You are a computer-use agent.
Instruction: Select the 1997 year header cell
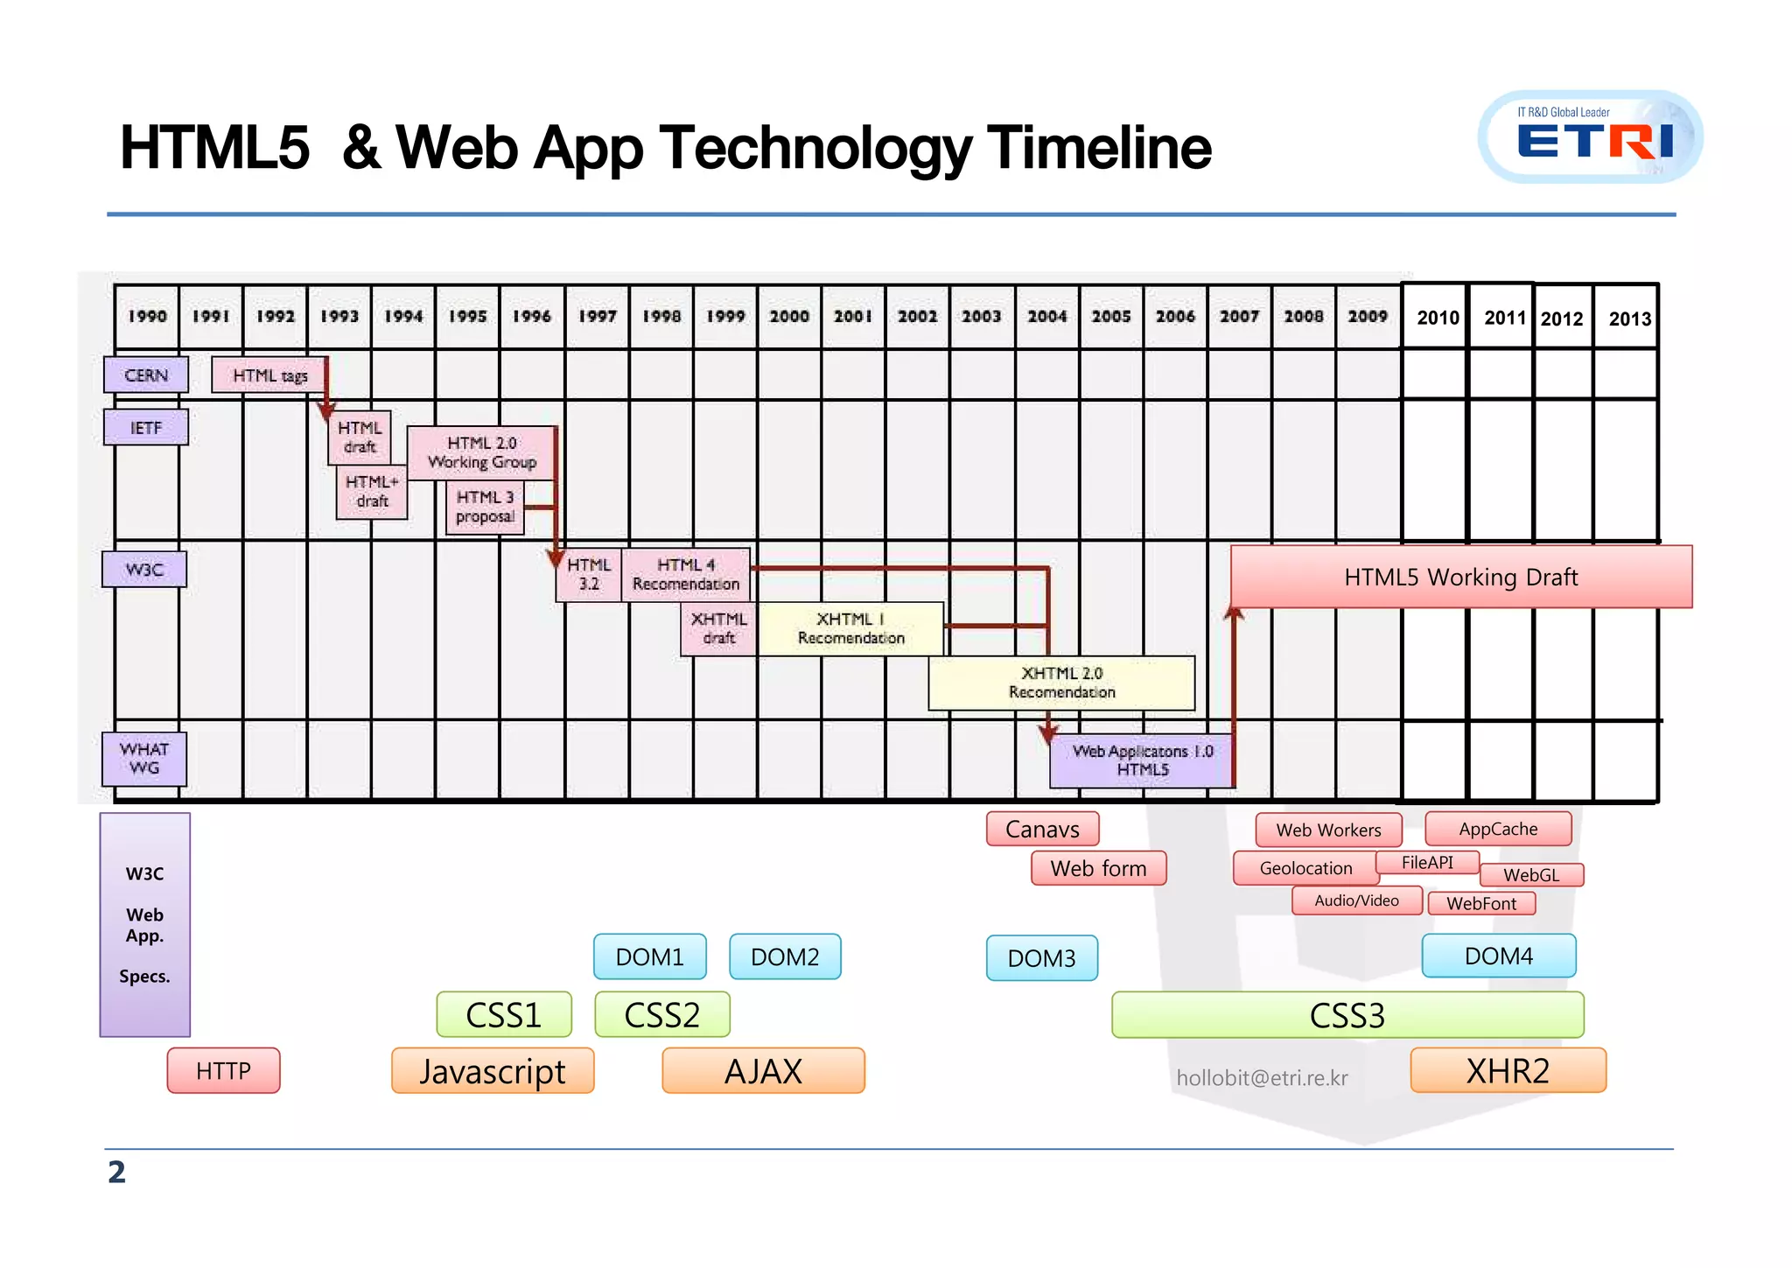[597, 316]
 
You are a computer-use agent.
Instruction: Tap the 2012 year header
[1562, 319]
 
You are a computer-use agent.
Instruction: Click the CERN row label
[146, 375]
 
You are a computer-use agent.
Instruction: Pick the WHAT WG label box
[144, 759]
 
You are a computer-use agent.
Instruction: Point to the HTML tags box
[269, 375]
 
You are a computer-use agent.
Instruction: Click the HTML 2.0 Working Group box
[481, 452]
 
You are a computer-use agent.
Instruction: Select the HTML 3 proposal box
[486, 507]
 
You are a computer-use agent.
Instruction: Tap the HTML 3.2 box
[589, 574]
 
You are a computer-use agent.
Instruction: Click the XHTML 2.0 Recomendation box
[1061, 683]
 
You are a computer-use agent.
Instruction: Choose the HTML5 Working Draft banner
[1460, 577]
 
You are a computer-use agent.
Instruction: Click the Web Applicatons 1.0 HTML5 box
[1142, 760]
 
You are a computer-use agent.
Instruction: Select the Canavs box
[1042, 829]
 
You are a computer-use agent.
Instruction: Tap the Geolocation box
[1305, 868]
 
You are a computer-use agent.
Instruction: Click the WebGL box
[1531, 875]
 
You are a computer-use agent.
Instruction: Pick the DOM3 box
[1041, 958]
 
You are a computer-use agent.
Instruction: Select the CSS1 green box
[504, 1015]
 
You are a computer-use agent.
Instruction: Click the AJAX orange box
[763, 1071]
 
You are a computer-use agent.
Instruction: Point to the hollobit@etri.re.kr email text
[1262, 1078]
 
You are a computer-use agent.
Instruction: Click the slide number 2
[116, 1173]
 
